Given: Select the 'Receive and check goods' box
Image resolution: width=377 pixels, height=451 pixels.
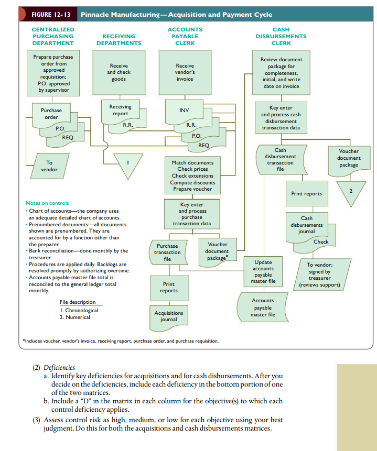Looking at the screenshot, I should [119, 72].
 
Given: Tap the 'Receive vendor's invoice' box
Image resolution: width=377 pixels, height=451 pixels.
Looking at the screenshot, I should [185, 72].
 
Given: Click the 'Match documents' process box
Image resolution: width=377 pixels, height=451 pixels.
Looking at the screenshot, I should [192, 175].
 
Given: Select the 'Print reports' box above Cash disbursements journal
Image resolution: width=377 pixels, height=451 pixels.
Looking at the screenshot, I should [306, 193].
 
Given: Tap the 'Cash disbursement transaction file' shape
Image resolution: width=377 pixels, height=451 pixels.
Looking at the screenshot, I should [280, 159].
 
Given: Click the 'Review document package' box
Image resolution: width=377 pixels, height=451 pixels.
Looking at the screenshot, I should [281, 72].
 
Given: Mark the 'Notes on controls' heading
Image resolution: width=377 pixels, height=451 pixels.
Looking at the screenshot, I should [47, 203].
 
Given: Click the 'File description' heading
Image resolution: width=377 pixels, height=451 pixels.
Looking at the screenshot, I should [78, 302].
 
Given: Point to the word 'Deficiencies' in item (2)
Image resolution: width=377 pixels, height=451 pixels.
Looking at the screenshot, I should [59, 368].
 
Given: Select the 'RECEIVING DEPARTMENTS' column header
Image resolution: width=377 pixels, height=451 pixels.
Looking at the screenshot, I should [119, 40].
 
